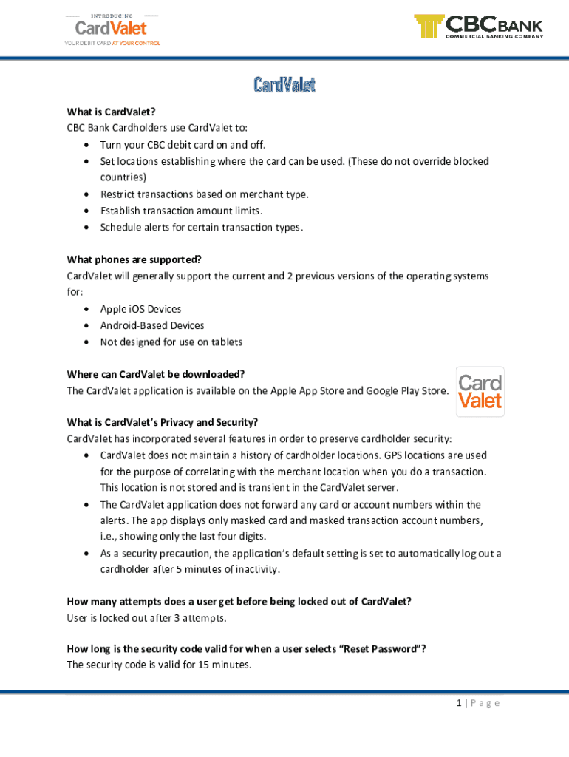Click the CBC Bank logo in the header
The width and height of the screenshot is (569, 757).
tap(479, 27)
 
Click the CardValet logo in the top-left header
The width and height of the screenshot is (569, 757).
tap(112, 28)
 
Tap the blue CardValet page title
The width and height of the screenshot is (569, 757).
tap(284, 85)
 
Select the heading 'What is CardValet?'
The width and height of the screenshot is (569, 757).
tap(111, 112)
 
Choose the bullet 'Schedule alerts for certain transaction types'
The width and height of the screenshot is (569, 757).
tap(201, 227)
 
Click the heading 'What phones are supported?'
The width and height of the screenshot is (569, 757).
tap(134, 259)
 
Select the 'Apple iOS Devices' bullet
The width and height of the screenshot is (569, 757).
tap(140, 309)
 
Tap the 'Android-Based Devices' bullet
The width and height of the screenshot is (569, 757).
tap(152, 325)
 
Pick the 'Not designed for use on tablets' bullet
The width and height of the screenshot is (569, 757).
tap(171, 342)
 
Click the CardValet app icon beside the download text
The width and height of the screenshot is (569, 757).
tap(480, 392)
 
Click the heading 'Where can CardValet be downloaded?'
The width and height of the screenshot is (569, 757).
tap(155, 374)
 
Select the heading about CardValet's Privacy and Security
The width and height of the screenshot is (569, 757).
tap(162, 423)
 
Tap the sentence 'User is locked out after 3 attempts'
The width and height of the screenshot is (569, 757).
tap(146, 618)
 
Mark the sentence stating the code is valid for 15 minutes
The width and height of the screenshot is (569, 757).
tap(159, 665)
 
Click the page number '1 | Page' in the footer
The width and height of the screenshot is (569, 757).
tap(478, 703)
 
